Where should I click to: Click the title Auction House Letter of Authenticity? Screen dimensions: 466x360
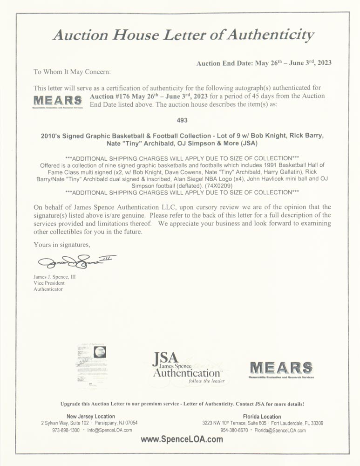[183, 35]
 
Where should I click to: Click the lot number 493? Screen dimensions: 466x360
[182, 120]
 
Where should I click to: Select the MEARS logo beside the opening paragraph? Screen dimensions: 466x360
[58, 101]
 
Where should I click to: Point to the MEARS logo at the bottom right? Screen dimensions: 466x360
[281, 369]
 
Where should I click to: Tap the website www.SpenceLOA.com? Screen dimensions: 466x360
[182, 439]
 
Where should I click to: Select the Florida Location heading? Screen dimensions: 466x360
[262, 416]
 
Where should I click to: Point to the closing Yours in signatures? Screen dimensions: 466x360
[62, 245]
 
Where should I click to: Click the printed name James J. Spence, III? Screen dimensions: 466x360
[54, 277]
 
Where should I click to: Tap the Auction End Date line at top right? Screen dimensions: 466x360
[264, 63]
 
